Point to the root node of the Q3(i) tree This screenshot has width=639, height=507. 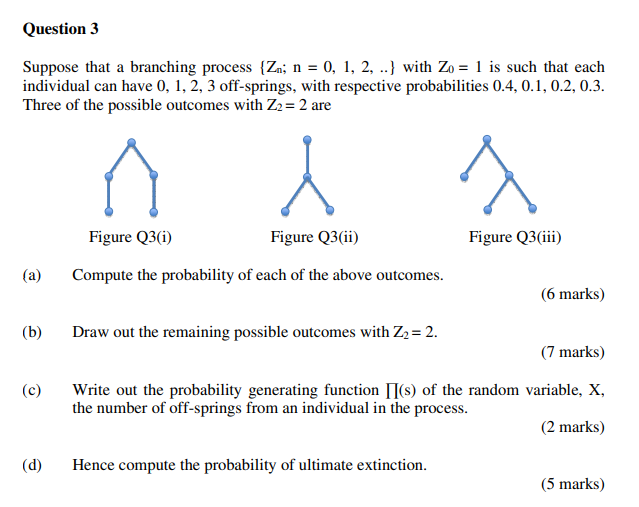130,143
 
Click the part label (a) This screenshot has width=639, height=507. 32,274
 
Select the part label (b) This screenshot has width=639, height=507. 32,332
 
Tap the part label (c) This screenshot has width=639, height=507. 32,390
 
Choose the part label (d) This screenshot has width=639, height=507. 32,465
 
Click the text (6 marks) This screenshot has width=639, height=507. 572,294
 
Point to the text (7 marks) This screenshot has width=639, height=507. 572,352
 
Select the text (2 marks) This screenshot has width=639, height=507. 572,427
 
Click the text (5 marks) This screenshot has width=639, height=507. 572,485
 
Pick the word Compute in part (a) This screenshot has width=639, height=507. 100,274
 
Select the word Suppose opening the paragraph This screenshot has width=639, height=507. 49,68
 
